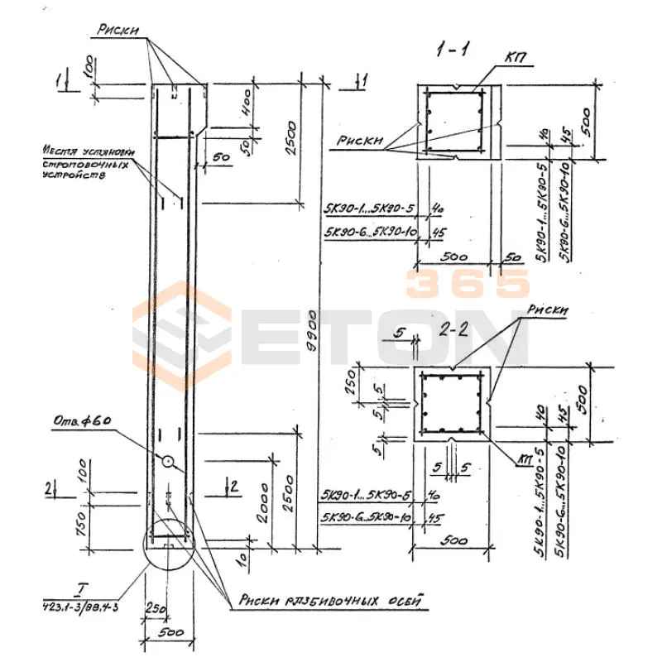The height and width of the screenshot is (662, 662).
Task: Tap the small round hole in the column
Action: [x=168, y=462]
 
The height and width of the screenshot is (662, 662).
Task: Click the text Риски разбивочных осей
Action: [x=331, y=602]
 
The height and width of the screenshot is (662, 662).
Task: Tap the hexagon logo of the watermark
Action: [x=182, y=335]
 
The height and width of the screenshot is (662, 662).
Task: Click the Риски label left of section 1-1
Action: [x=361, y=142]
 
